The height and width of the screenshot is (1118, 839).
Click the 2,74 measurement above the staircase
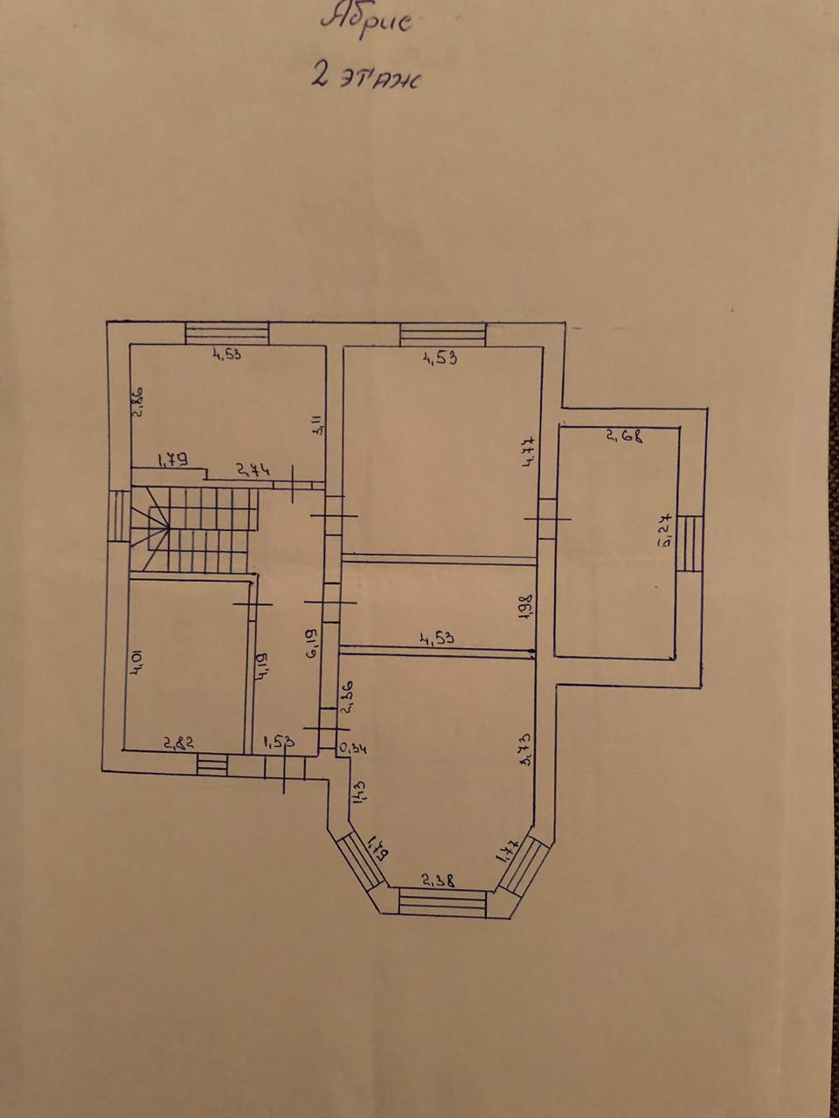point(253,470)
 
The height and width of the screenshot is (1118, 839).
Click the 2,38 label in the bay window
point(437,881)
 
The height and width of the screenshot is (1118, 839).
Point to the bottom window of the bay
point(442,901)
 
